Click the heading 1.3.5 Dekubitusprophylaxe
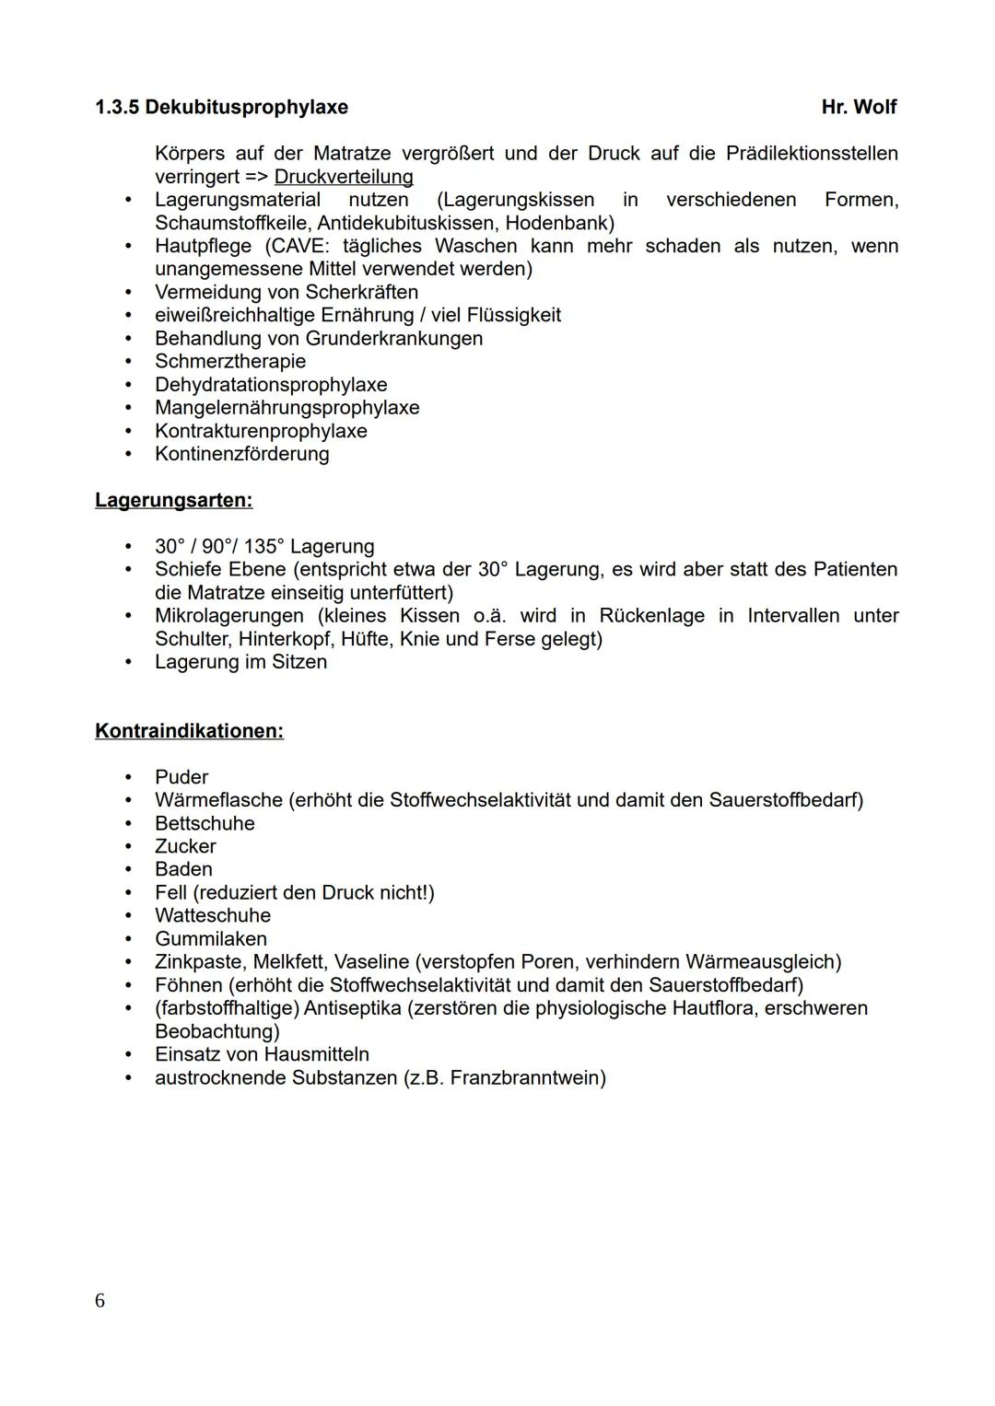221,108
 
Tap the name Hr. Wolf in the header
859,108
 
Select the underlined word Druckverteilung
344,177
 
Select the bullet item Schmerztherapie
230,362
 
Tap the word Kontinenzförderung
241,454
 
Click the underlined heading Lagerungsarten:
173,501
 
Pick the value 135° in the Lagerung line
263,547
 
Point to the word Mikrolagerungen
228,616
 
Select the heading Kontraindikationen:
189,731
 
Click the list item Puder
181,777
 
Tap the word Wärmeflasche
218,800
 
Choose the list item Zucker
185,846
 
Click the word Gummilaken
211,939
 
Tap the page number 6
99,1301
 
